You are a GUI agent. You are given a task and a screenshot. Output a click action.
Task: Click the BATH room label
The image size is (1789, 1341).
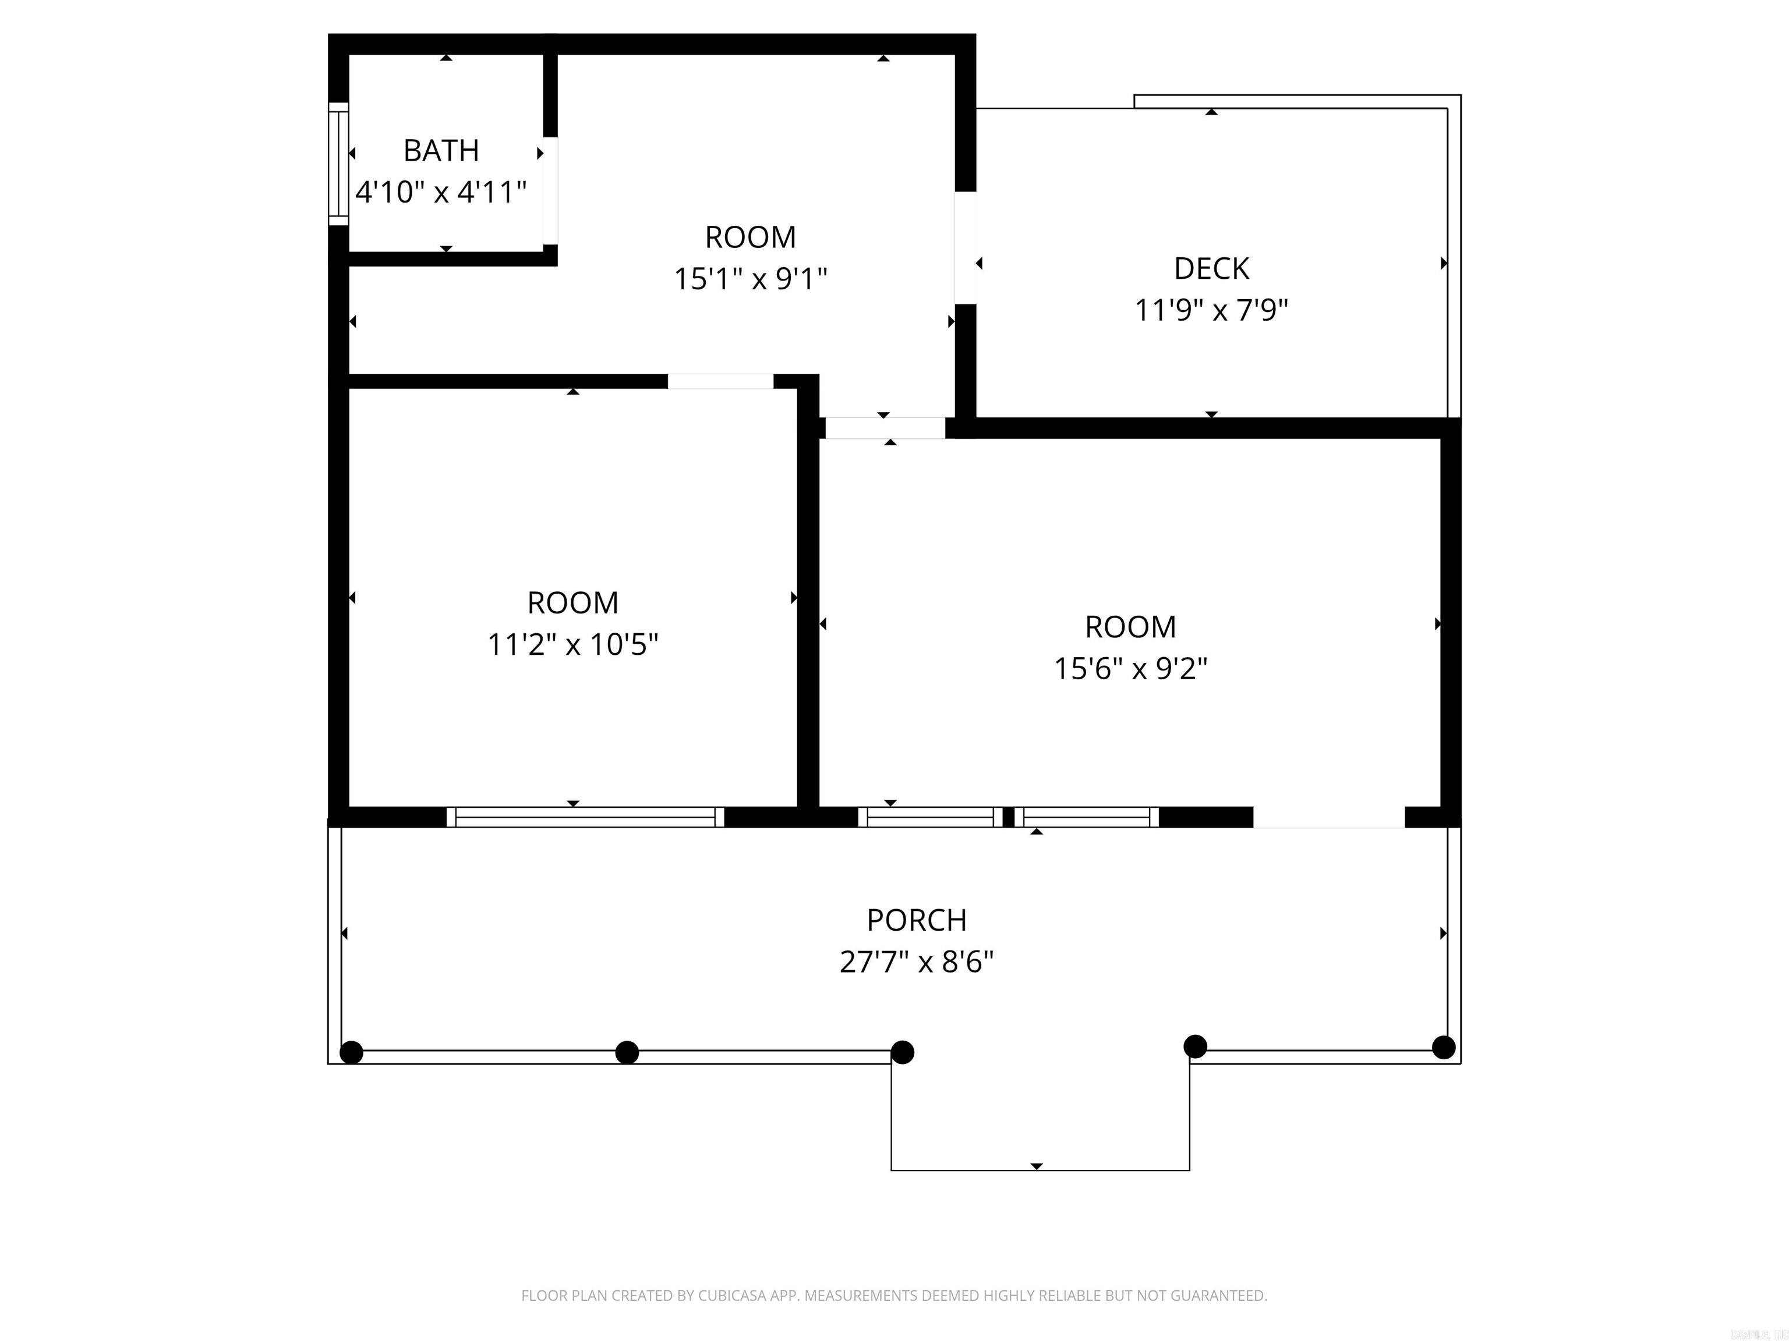(x=441, y=150)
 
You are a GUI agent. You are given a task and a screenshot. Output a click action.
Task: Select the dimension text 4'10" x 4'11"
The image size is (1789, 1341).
(x=441, y=193)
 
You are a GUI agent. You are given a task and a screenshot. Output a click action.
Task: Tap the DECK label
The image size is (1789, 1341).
(x=1211, y=268)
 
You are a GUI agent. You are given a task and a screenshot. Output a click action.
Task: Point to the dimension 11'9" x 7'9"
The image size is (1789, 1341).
(x=1211, y=310)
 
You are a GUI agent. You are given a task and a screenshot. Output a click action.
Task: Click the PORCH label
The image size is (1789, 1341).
(x=916, y=920)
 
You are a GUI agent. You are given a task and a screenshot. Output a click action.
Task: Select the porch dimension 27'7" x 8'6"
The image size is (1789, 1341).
(x=916, y=962)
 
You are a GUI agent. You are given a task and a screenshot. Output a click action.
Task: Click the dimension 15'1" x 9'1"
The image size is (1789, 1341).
(x=751, y=279)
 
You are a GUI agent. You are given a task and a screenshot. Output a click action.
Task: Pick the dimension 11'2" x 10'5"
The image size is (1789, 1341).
(x=572, y=645)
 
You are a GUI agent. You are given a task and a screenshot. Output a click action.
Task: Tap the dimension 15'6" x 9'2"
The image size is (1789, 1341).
(x=1130, y=669)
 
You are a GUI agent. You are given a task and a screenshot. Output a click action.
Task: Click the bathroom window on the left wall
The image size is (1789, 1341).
(x=338, y=164)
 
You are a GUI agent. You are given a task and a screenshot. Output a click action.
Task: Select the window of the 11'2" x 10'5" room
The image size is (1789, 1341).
(x=585, y=817)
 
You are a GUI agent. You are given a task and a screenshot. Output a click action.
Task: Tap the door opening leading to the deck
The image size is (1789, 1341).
(x=966, y=248)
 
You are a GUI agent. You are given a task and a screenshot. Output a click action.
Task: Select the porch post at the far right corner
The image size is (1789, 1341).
(x=1444, y=1048)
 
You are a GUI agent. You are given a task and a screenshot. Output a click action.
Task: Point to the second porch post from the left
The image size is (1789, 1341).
(x=627, y=1052)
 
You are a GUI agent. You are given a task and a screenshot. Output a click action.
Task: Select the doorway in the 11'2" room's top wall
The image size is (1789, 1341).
(x=720, y=382)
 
